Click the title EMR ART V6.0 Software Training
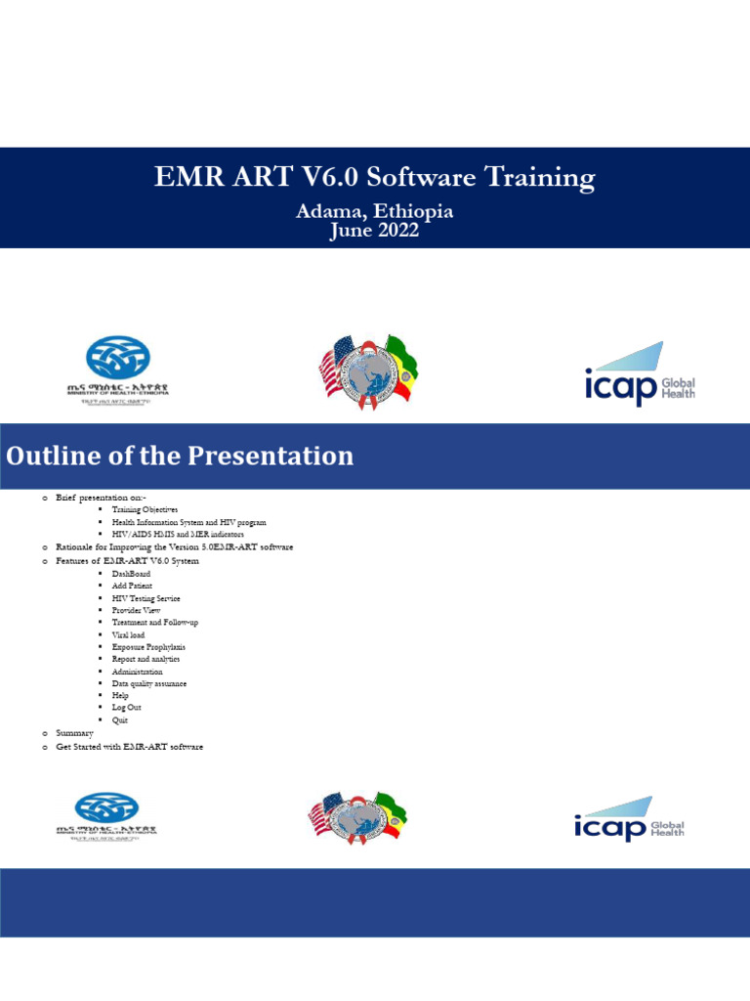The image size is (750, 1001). coord(374,178)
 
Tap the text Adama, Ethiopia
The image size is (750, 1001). coord(374,211)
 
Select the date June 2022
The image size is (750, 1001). coord(374,231)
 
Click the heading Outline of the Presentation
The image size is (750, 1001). coord(181,456)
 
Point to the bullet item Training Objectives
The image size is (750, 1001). coord(145,510)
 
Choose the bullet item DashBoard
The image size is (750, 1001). coord(131,574)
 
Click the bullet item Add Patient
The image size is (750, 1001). coord(132,586)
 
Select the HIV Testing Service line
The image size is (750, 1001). coord(146,598)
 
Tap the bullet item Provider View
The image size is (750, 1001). coord(136,610)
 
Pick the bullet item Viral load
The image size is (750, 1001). coord(128,634)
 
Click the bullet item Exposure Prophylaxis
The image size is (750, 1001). coord(148,647)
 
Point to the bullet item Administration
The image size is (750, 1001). coord(137,672)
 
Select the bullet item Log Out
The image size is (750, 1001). coord(126,708)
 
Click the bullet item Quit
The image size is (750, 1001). coord(120,720)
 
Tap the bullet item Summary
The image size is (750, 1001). coord(74,733)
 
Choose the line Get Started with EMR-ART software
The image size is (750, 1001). coord(129,747)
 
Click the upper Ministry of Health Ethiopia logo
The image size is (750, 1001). coord(118,369)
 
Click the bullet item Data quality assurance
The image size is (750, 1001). coord(149,683)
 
